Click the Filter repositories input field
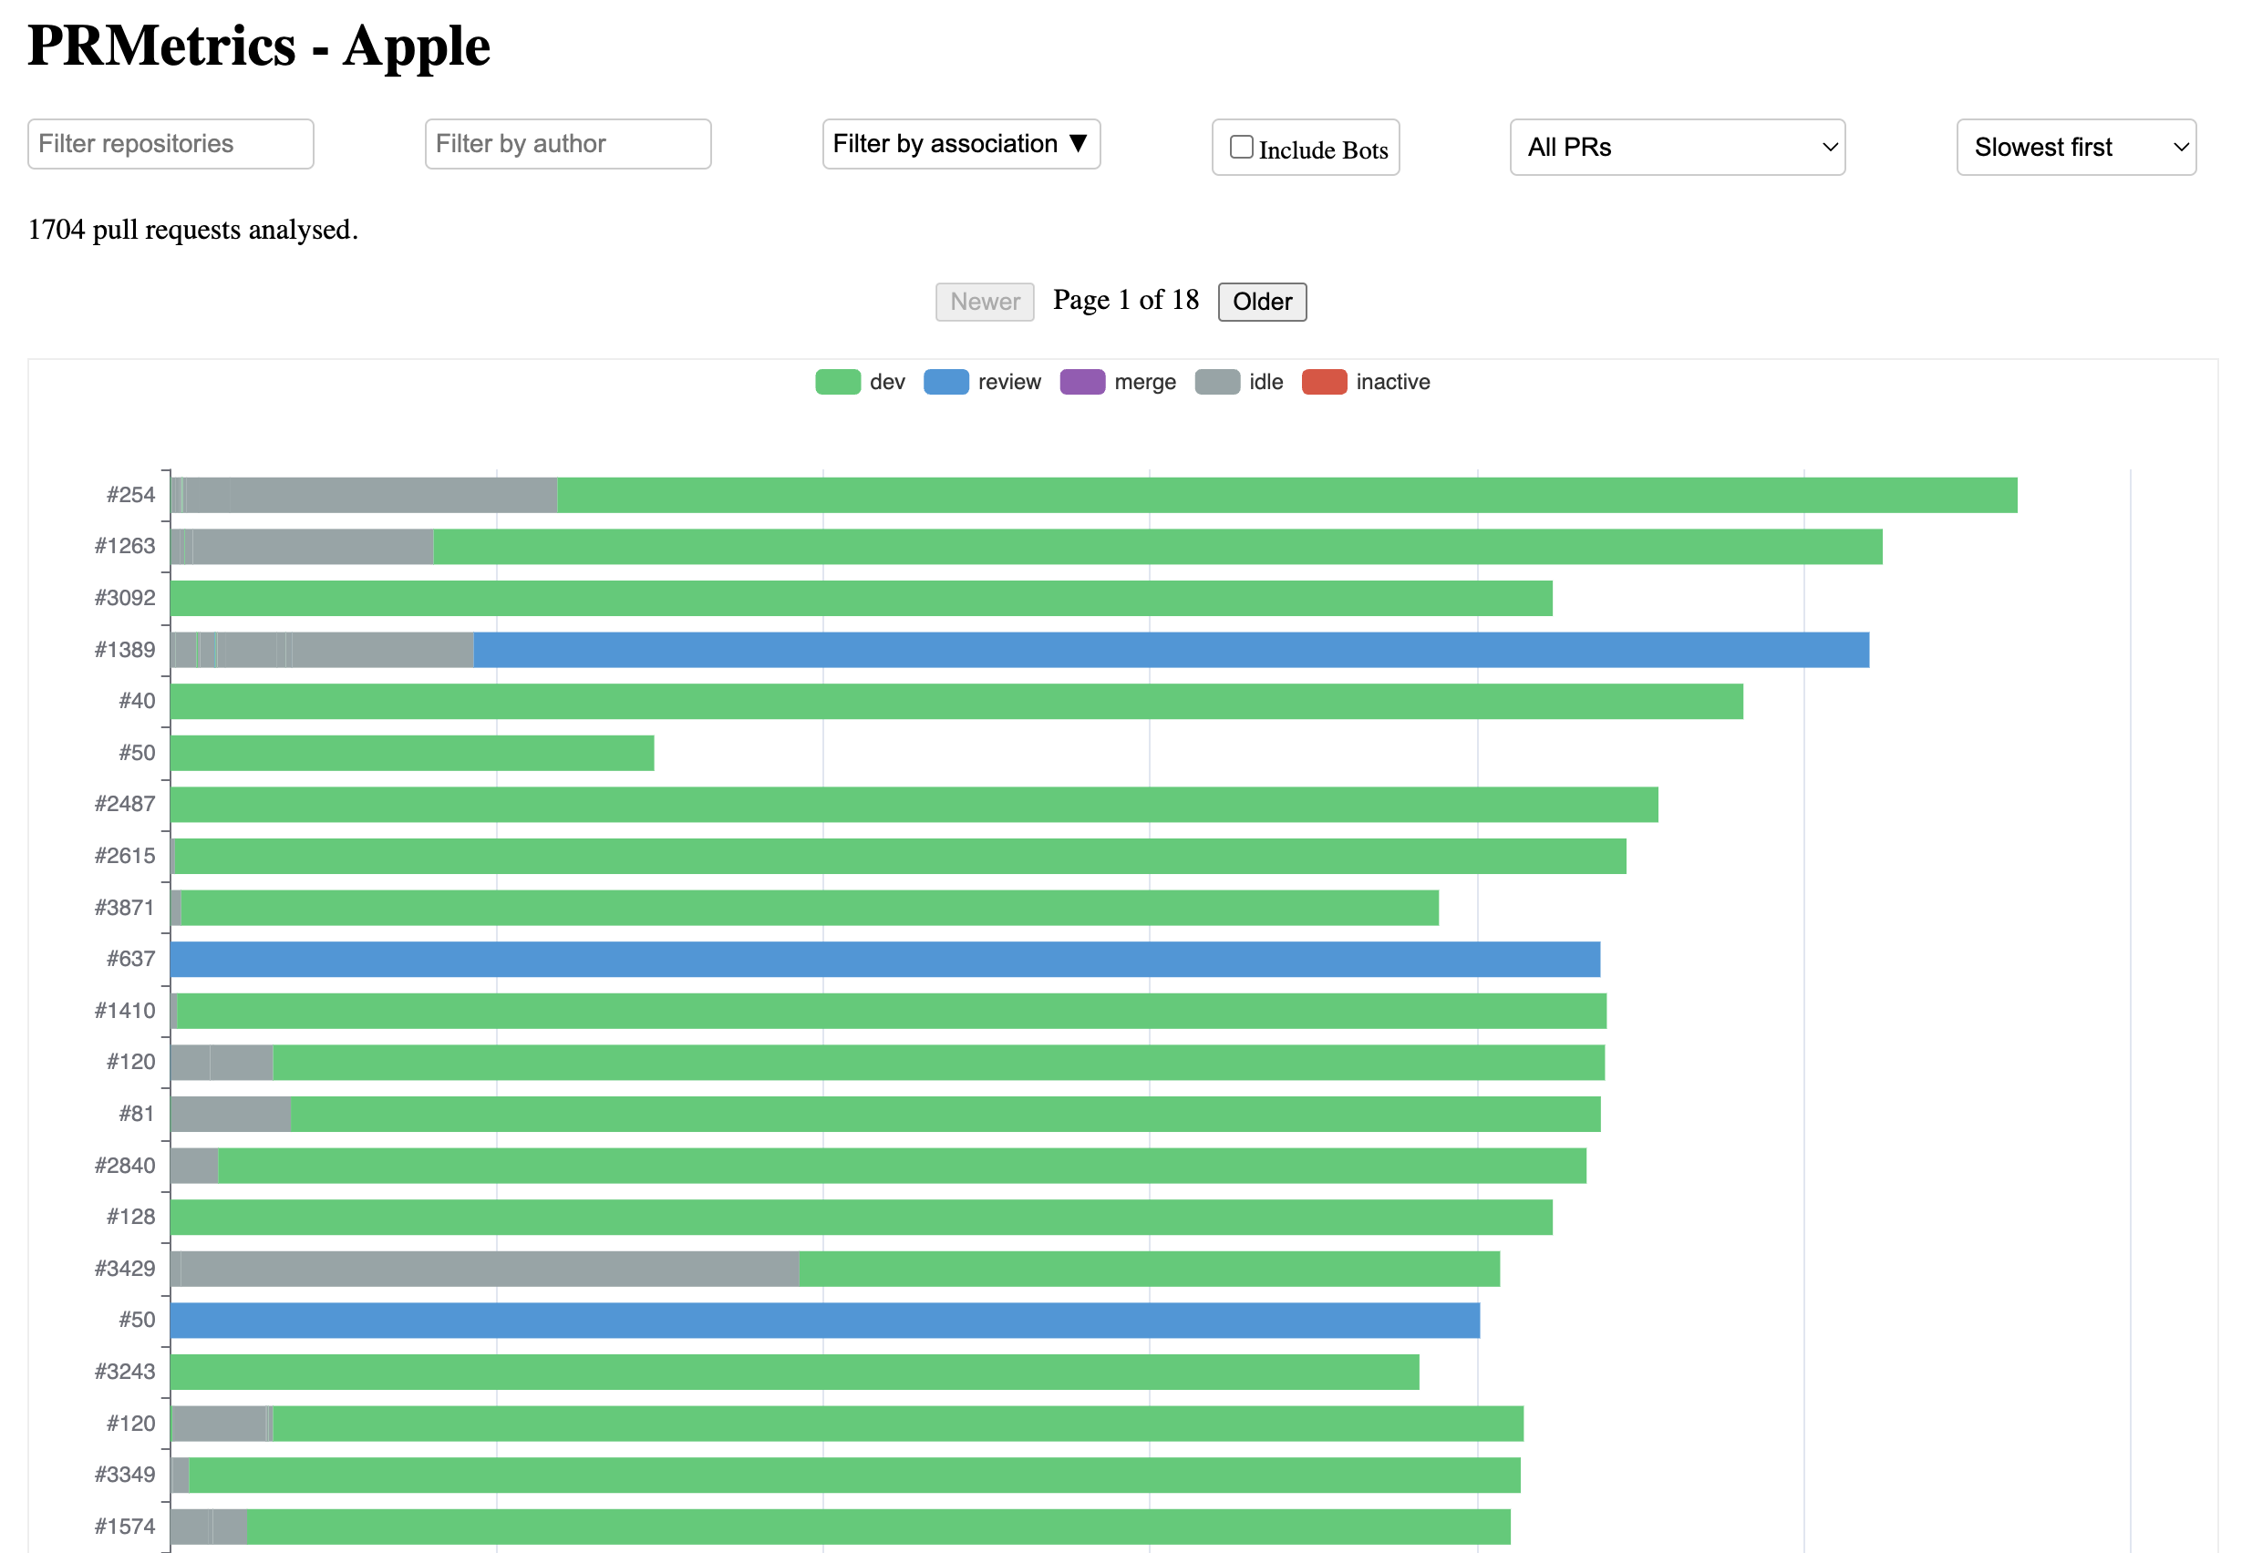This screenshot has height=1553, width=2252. click(x=170, y=144)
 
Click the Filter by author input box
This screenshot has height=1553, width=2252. click(x=567, y=144)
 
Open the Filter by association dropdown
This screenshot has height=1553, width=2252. click(x=961, y=144)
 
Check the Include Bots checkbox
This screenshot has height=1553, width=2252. click(x=1241, y=147)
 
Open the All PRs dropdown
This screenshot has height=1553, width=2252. click(x=1676, y=147)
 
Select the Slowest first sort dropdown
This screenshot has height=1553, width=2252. click(x=2075, y=147)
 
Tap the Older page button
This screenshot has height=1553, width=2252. click(x=1261, y=302)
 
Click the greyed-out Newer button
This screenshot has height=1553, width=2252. click(x=984, y=302)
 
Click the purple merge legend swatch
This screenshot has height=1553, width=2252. click(x=1081, y=382)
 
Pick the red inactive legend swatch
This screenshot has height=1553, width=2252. click(x=1324, y=382)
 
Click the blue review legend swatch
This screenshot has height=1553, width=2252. click(x=945, y=382)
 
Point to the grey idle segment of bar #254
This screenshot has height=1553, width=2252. click(x=370, y=495)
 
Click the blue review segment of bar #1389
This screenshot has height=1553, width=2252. click(x=1168, y=650)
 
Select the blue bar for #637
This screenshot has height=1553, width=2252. click(x=883, y=960)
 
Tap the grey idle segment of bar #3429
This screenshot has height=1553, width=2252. click(x=487, y=1269)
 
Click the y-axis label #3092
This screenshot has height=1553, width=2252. click(x=125, y=598)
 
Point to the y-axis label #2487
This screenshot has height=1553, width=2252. click(x=125, y=804)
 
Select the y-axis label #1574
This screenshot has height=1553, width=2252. click(x=125, y=1526)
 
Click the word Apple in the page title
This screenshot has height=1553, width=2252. click(x=416, y=46)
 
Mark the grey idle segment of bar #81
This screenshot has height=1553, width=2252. click(x=231, y=1114)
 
